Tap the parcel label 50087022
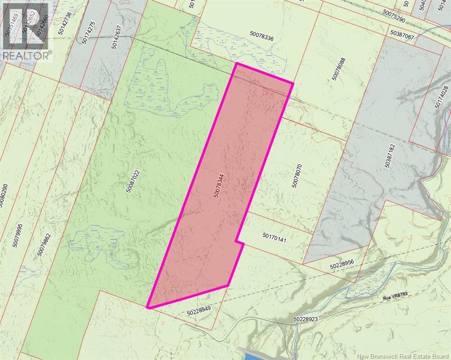click(133, 178)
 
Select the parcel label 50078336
click(268, 34)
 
